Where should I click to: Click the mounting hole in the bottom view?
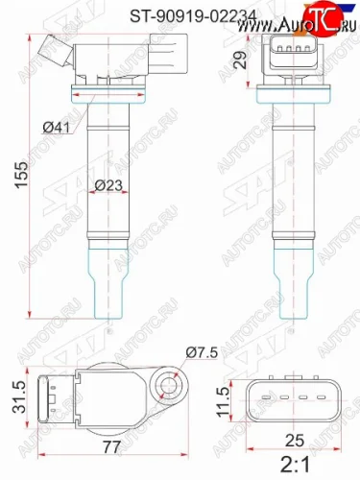[x=170, y=387]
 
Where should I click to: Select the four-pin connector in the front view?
[x=289, y=56]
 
